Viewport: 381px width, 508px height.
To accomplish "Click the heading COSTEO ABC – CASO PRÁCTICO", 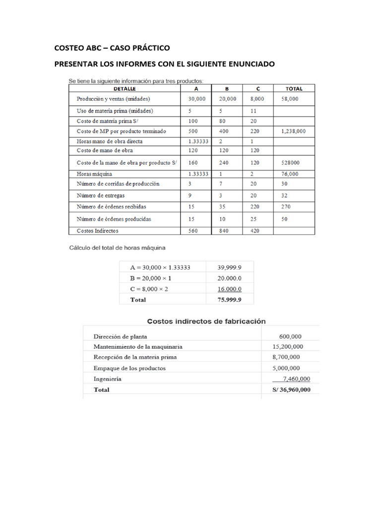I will pos(112,48).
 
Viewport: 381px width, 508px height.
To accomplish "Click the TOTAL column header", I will pos(294,88).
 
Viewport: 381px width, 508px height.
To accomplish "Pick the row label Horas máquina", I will pos(94,174).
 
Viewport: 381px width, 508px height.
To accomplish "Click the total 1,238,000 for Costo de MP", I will pos(293,131).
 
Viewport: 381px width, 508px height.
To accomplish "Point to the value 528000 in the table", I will pos(292,163).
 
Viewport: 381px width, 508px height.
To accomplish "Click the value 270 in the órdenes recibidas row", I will pos(286,206).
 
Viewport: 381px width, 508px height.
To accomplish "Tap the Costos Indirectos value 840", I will pos(225,231).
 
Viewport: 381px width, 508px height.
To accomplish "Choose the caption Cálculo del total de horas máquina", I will pos(117,247).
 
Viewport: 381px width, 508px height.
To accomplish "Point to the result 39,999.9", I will pos(229,267).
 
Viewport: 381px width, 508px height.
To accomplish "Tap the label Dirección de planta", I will pos(120,336).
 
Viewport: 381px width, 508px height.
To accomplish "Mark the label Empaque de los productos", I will pos(129,368).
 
